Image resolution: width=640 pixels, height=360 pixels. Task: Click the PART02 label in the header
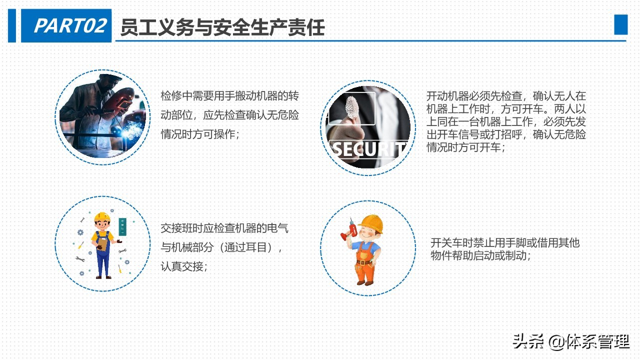pyautogui.click(x=69, y=26)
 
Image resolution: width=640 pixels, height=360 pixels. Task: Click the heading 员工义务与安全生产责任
pyautogui.click(x=222, y=27)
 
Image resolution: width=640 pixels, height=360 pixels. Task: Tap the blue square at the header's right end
pyautogui.click(x=620, y=24)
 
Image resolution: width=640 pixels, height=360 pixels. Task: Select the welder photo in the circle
pyautogui.click(x=102, y=117)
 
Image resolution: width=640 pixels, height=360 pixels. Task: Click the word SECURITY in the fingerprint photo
pyautogui.click(x=368, y=149)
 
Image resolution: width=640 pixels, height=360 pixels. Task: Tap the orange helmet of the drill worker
pyautogui.click(x=371, y=223)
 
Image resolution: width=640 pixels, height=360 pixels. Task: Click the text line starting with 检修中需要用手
pyautogui.click(x=229, y=96)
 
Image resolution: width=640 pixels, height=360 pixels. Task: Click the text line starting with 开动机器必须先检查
pyautogui.click(x=506, y=96)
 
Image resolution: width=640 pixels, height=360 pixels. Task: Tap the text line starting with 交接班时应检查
pyautogui.click(x=224, y=228)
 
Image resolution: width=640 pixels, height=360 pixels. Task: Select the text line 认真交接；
pyautogui.click(x=183, y=266)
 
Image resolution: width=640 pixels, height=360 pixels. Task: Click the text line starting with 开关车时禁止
pyautogui.click(x=505, y=243)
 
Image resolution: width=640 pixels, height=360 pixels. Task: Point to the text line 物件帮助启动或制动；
pyautogui.click(x=480, y=255)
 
